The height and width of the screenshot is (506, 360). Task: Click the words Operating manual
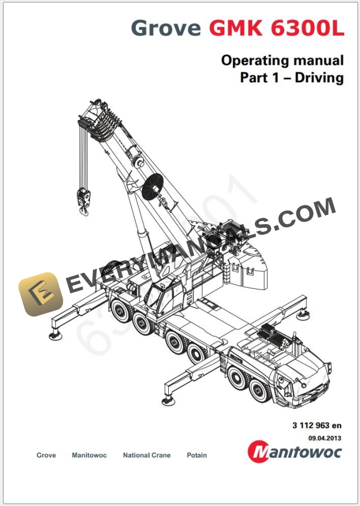pyautogui.click(x=282, y=60)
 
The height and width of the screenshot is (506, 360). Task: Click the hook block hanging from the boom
pyautogui.click(x=82, y=195)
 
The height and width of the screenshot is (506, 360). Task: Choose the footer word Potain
pyautogui.click(x=196, y=455)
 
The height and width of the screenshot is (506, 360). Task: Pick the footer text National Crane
pyautogui.click(x=146, y=455)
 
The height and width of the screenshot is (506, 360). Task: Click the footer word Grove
pyautogui.click(x=46, y=455)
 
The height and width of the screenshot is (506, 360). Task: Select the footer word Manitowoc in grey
pyautogui.click(x=89, y=455)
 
